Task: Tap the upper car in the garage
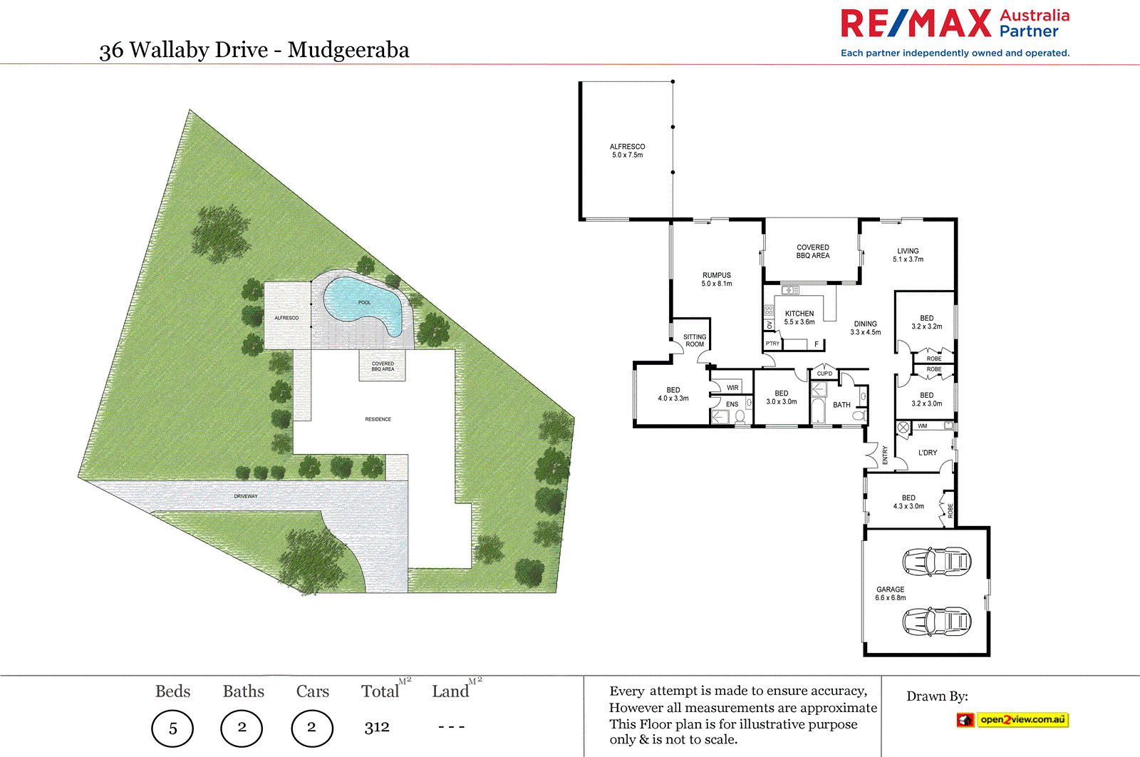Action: click(936, 562)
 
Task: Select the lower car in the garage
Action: click(936, 621)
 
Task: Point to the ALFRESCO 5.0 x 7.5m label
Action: click(627, 150)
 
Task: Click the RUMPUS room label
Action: click(717, 279)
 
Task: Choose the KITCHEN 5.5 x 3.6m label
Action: click(799, 318)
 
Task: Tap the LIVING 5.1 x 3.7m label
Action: click(908, 255)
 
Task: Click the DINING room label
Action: click(866, 328)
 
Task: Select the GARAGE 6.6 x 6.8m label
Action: click(891, 594)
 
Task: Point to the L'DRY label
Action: click(928, 453)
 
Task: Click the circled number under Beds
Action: click(172, 728)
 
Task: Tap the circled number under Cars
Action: click(312, 727)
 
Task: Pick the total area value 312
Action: click(377, 727)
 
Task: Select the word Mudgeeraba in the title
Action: click(348, 50)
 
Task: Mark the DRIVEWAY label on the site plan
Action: click(246, 496)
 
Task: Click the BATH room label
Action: click(841, 405)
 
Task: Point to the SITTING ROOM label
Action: click(695, 341)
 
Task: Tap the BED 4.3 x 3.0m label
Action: click(908, 502)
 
